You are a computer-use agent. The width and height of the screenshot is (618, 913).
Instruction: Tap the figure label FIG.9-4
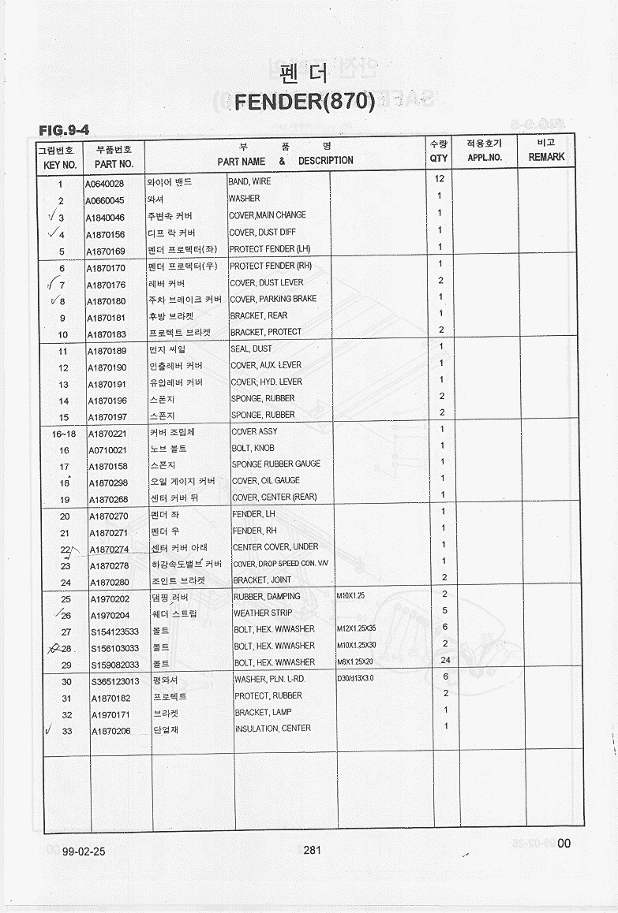point(64,129)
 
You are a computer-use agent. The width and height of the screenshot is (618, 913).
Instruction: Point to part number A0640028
point(104,184)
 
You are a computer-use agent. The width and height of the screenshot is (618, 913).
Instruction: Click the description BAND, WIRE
point(249,182)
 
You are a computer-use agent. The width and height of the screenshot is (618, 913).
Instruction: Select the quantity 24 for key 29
point(444,660)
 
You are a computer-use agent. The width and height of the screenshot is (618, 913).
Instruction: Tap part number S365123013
point(115,682)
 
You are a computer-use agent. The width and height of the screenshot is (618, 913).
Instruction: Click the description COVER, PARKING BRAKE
point(273,300)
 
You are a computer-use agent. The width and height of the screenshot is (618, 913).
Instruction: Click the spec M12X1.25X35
point(357,628)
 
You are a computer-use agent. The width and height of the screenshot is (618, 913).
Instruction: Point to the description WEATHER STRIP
point(263,613)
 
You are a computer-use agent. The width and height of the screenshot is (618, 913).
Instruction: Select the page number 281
point(312,850)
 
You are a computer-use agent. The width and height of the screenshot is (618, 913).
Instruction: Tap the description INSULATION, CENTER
point(272,729)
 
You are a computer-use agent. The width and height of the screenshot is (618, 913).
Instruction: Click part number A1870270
point(109,517)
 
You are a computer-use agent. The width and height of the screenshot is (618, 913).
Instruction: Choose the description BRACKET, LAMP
point(263,712)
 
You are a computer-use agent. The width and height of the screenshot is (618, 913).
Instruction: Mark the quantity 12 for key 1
point(440,179)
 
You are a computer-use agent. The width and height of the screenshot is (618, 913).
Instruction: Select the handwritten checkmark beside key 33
point(49,731)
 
